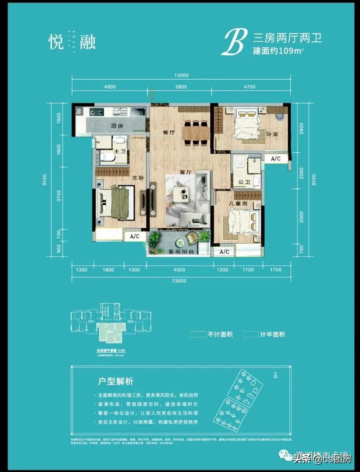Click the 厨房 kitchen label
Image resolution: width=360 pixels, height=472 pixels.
coord(117,126)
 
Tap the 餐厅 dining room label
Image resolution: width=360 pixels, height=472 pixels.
coord(168,132)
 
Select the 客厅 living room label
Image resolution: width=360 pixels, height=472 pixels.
coord(185,172)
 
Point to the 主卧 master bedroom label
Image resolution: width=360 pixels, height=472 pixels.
coord(138,178)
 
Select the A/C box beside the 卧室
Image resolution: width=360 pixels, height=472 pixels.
coord(276,159)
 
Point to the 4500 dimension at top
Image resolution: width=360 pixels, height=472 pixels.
coord(110,87)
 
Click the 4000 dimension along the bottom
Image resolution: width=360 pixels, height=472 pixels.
coord(179,270)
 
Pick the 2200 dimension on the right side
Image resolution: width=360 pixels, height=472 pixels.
coord(301,173)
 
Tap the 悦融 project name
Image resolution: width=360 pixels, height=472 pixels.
coord(72,41)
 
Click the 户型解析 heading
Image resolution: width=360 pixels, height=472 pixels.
coord(116,381)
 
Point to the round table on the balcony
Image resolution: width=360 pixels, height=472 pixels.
coord(180,242)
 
